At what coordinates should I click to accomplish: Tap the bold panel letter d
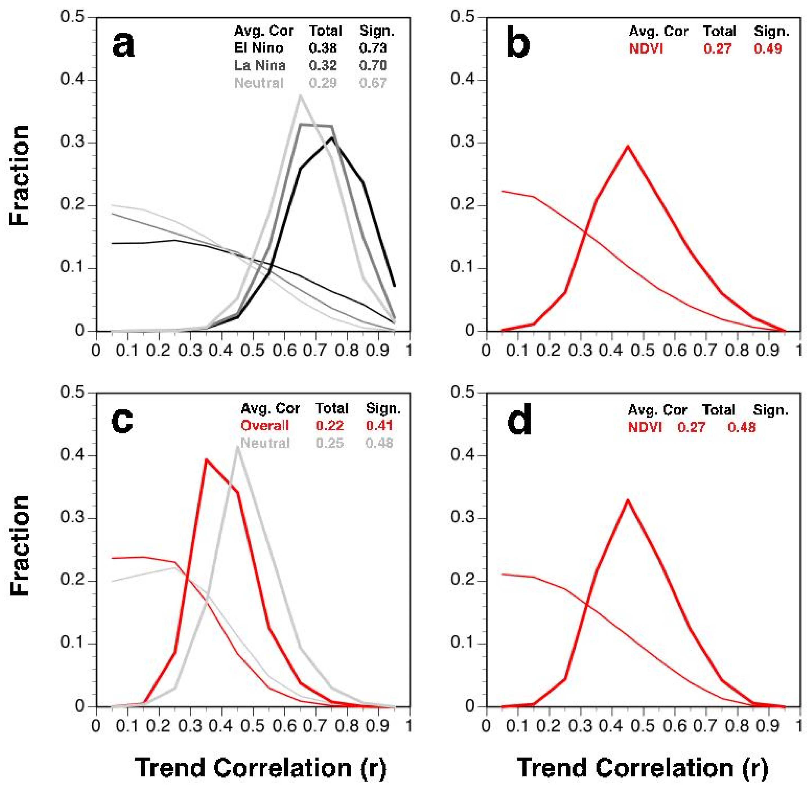[519, 421]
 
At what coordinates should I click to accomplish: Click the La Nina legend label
[259, 65]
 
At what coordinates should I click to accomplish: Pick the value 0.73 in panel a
[373, 48]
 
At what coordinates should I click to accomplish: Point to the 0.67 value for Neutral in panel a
[373, 83]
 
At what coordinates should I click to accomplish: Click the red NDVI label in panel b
[646, 49]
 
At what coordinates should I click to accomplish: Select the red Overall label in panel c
[265, 425]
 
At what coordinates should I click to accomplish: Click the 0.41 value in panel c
[379, 425]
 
